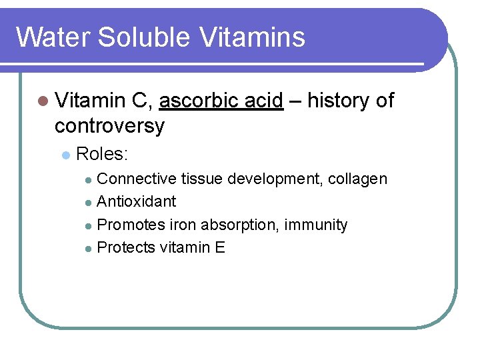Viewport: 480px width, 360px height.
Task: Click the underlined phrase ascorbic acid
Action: (x=221, y=101)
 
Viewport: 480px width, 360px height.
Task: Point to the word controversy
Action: (x=109, y=125)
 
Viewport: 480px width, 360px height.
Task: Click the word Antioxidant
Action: (x=137, y=201)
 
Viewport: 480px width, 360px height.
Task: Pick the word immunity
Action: (x=316, y=225)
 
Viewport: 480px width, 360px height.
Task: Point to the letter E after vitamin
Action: (x=221, y=248)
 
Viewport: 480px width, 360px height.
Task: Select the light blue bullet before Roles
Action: (x=65, y=155)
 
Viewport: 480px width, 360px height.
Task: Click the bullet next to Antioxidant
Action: (x=89, y=202)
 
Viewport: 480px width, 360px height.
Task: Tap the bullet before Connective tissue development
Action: (x=89, y=179)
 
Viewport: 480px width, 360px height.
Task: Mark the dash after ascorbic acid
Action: (x=295, y=101)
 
